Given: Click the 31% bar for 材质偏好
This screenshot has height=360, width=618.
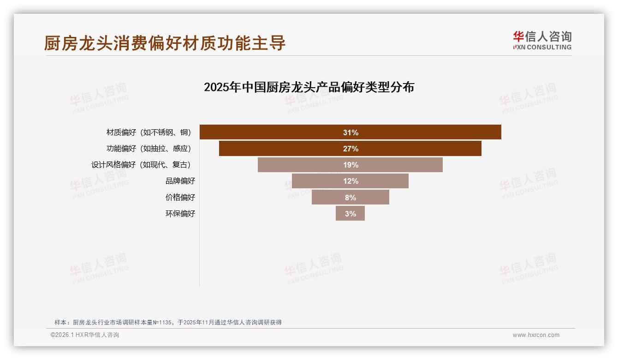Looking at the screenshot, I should pyautogui.click(x=350, y=132).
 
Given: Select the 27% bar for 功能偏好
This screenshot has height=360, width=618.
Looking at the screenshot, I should pyautogui.click(x=350, y=149).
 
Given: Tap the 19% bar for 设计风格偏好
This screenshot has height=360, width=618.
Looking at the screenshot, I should pyautogui.click(x=350, y=165).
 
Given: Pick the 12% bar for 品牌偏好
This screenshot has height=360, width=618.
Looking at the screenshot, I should pyautogui.click(x=350, y=181).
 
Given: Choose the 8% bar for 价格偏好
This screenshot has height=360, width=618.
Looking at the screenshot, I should pyautogui.click(x=350, y=197).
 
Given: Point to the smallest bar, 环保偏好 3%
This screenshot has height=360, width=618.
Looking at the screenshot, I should pyautogui.click(x=350, y=213).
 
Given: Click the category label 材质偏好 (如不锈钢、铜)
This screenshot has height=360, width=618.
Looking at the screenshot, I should pyautogui.click(x=148, y=132).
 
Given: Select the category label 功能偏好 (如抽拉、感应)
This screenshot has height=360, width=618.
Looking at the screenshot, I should pyautogui.click(x=148, y=149).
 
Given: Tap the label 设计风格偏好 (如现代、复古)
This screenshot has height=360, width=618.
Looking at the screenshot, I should pyautogui.click(x=141, y=165).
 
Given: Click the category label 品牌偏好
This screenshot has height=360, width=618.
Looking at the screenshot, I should pyautogui.click(x=180, y=181).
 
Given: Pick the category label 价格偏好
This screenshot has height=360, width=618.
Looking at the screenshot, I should pyautogui.click(x=180, y=197).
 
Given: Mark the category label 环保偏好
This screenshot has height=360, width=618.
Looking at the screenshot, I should pyautogui.click(x=180, y=213).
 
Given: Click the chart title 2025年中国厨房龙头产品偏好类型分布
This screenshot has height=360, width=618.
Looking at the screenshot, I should pyautogui.click(x=309, y=87).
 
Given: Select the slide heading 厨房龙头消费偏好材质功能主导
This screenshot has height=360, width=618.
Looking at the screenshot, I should pyautogui.click(x=165, y=43).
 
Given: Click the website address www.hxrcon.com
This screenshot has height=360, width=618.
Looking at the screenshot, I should pyautogui.click(x=536, y=335).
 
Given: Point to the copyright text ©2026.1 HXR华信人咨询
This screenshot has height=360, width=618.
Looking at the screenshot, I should pyautogui.click(x=85, y=335).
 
